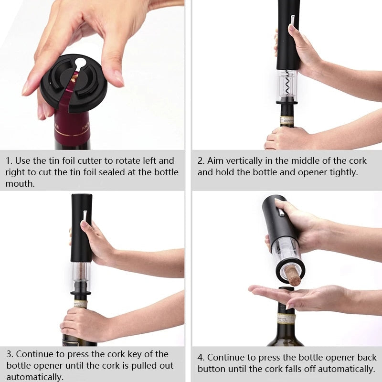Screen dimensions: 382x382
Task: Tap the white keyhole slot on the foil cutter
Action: click(x=80, y=63)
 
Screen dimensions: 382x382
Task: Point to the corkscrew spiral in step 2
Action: click(x=287, y=82)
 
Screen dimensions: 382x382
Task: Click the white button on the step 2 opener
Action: click(x=292, y=20)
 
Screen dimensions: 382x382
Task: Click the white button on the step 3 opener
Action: click(x=85, y=215)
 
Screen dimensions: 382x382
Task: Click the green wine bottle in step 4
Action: click(x=286, y=329)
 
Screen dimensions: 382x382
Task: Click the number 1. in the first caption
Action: click(x=9, y=161)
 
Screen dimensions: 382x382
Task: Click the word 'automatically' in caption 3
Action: click(x=34, y=377)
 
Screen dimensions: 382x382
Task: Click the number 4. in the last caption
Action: click(x=201, y=357)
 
